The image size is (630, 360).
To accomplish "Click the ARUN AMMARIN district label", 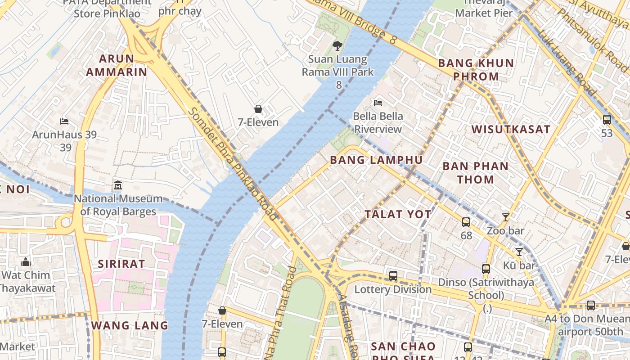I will click(117, 65).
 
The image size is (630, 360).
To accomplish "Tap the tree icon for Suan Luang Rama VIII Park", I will click(337, 45).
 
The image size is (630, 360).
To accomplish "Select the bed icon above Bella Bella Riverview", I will click(378, 103).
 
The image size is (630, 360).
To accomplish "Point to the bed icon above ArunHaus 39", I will click(64, 121).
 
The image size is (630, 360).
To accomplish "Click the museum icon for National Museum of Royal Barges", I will click(118, 185).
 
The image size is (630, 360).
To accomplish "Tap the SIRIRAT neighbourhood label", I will click(121, 264).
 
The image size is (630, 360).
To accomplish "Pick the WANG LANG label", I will click(130, 325).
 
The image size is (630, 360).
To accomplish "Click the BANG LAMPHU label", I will click(376, 160).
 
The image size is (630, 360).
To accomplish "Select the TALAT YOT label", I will click(398, 215).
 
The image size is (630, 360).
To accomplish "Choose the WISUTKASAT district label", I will click(511, 130).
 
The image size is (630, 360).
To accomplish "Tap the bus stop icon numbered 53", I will click(607, 120).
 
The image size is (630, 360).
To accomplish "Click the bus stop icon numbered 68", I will click(466, 222).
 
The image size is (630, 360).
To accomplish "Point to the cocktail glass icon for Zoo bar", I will click(506, 217).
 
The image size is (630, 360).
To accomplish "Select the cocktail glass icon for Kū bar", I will click(519, 252).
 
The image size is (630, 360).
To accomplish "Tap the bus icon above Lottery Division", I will click(393, 276).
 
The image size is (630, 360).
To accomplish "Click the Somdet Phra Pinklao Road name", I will click(233, 164).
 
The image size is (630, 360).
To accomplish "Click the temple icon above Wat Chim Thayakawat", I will click(26, 262).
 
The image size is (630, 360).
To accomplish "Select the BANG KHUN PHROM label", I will click(476, 70).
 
